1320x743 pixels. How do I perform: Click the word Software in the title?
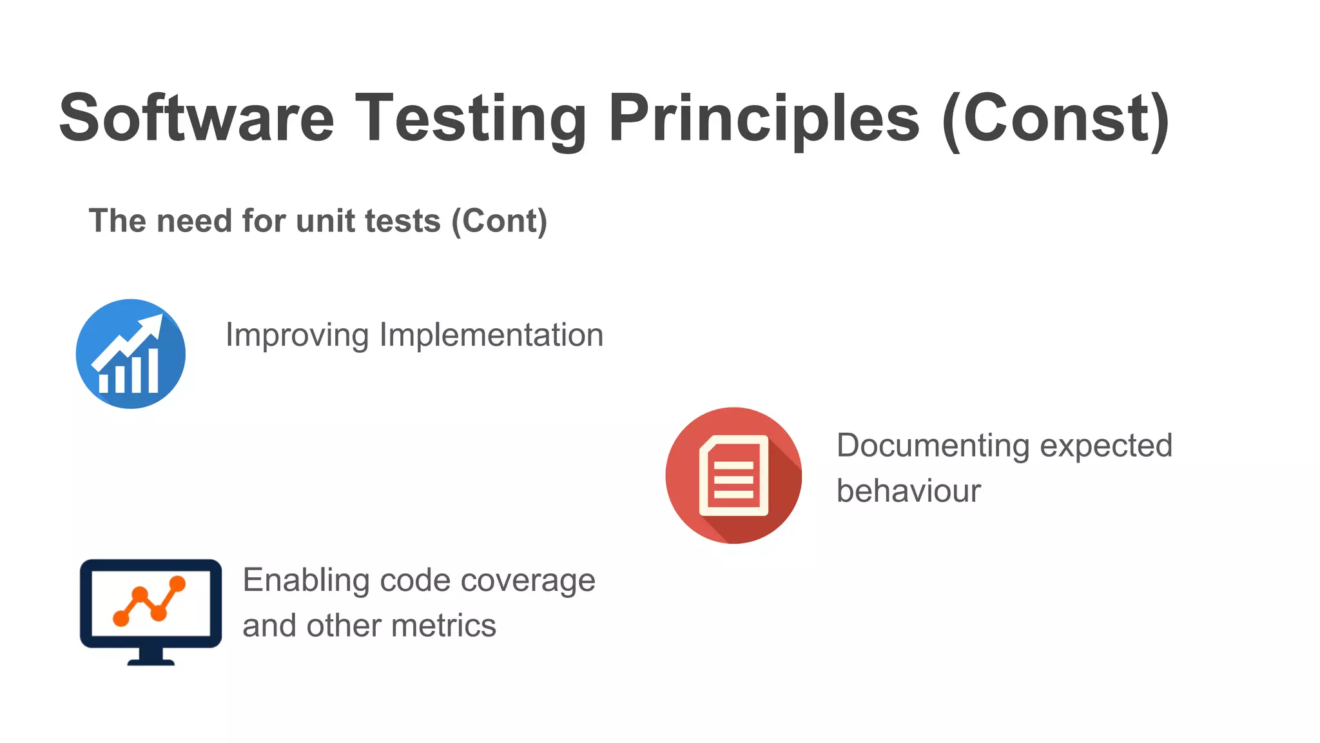pos(197,117)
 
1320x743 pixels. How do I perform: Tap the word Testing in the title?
pos(471,117)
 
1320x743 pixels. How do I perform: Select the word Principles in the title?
pos(764,117)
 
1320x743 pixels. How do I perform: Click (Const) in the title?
pos(1056,117)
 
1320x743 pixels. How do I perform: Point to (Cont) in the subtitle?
pos(499,221)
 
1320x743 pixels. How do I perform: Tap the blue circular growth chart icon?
pos(131,353)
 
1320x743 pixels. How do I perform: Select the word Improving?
pos(296,335)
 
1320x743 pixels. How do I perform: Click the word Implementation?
pos(491,335)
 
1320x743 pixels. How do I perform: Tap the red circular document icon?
pos(733,475)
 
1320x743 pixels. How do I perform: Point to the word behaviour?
pos(908,491)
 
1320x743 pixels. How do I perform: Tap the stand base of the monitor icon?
pos(151,661)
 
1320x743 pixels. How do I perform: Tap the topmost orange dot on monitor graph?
pos(177,584)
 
